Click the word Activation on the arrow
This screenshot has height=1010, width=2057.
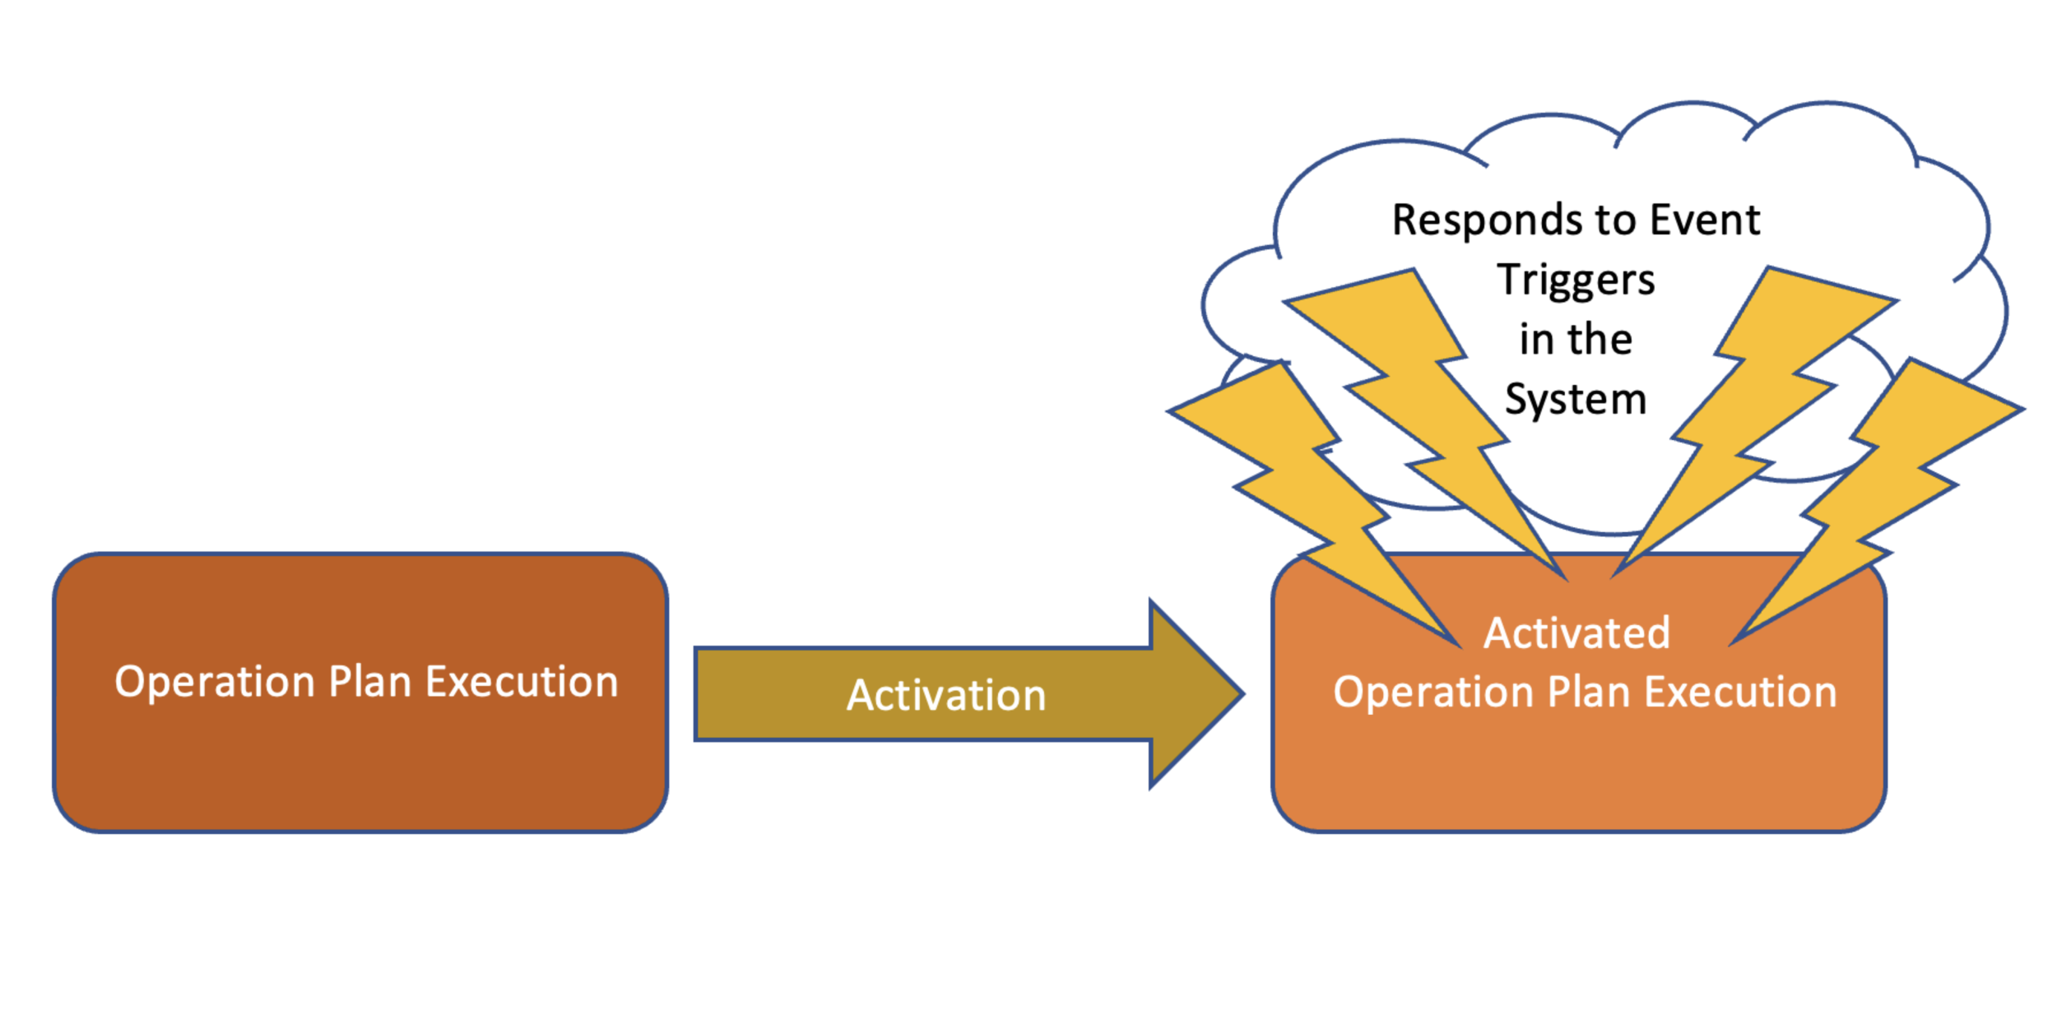946,696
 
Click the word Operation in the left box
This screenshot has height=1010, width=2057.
215,683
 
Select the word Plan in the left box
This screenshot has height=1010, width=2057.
369,683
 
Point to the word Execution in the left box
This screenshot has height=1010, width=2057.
522,683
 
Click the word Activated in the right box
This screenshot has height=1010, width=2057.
1576,633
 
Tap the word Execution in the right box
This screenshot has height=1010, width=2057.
1740,692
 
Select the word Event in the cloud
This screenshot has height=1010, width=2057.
1705,220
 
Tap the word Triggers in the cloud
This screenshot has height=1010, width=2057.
1576,280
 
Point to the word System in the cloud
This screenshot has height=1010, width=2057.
1576,400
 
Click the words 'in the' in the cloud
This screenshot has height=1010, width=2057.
1576,340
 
